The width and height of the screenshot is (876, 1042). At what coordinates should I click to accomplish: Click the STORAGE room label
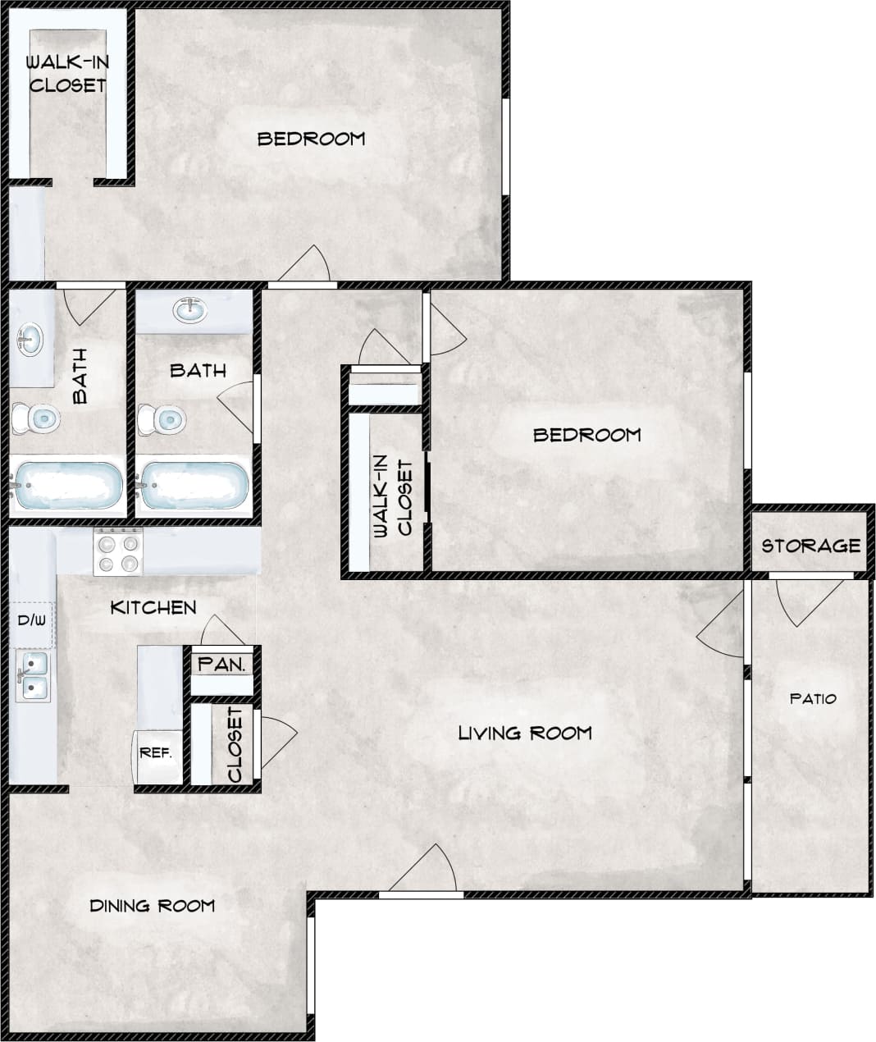coord(810,546)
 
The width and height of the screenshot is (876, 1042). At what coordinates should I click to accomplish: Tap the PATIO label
coord(813,699)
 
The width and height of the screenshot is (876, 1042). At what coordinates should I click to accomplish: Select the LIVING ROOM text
coord(525,733)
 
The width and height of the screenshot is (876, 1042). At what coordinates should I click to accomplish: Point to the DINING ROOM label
coord(153,906)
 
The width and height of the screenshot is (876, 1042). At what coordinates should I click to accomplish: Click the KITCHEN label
coord(153,608)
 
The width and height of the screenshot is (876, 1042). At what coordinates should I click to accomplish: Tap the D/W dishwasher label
coord(31,620)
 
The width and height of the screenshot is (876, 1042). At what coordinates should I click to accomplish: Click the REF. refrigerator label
coord(156,752)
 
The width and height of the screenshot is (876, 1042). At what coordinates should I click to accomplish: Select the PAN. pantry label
coord(222,665)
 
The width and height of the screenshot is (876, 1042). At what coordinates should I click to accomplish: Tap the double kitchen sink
coord(33,676)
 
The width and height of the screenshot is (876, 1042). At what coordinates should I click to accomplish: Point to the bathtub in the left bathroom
coord(67,487)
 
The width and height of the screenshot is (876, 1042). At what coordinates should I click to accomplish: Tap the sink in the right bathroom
coord(191,311)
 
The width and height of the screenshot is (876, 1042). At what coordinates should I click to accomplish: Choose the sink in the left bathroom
coord(30,339)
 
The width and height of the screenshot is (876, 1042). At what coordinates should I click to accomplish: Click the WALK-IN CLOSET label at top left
coord(67,74)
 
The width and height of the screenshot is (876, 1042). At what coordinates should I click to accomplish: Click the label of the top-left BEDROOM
coord(311,139)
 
